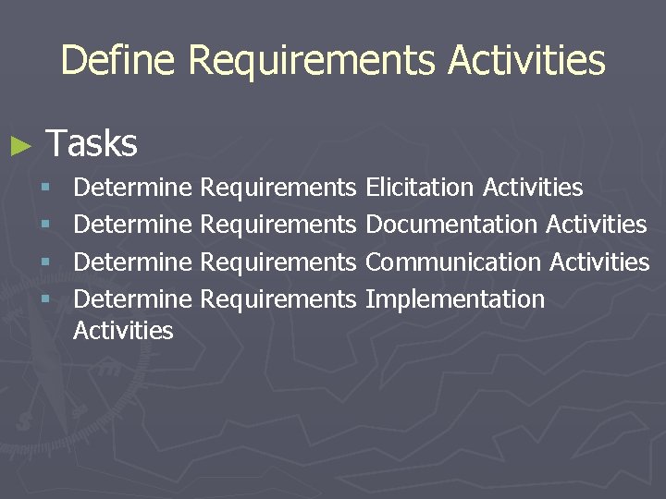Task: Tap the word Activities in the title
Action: pos(526,61)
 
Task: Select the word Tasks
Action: pos(92,143)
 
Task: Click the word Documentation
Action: pos(451,225)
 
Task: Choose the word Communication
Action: pos(453,262)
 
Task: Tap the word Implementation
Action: pos(455,300)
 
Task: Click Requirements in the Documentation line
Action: pos(277,225)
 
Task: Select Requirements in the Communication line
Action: pos(277,262)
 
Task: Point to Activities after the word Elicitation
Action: pos(533,189)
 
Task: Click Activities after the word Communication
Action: pos(599,262)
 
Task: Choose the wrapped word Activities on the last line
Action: pos(123,331)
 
